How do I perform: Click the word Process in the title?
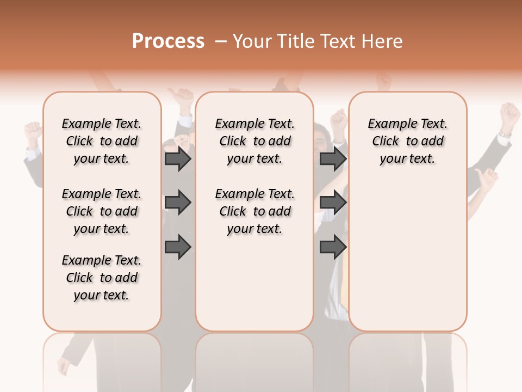click(168, 41)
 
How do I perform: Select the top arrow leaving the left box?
click(178, 159)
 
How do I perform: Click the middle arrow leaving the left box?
click(178, 203)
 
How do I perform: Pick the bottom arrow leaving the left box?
click(178, 247)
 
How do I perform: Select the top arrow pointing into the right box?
click(333, 159)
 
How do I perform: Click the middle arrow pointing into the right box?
click(333, 203)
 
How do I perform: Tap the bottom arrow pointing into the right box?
click(333, 247)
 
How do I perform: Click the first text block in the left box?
click(102, 141)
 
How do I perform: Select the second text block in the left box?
click(102, 211)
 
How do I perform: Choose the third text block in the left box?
click(102, 278)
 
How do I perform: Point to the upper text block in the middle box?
click(254, 141)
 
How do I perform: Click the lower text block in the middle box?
click(254, 211)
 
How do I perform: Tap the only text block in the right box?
click(408, 141)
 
